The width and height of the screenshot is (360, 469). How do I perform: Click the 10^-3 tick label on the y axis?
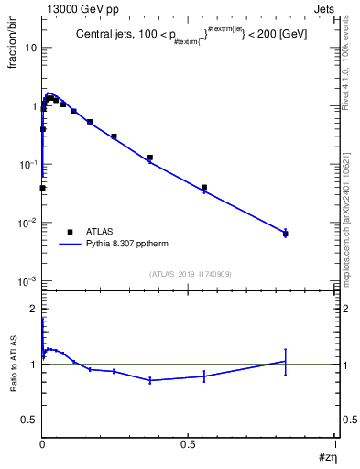[27, 281]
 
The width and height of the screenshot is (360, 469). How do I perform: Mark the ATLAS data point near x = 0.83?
[286, 234]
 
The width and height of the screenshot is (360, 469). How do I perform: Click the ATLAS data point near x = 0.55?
[204, 188]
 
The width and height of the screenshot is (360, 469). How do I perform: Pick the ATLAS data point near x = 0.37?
[150, 158]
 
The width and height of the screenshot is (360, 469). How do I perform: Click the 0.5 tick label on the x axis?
[189, 443]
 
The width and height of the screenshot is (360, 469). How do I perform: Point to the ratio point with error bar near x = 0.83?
[286, 361]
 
